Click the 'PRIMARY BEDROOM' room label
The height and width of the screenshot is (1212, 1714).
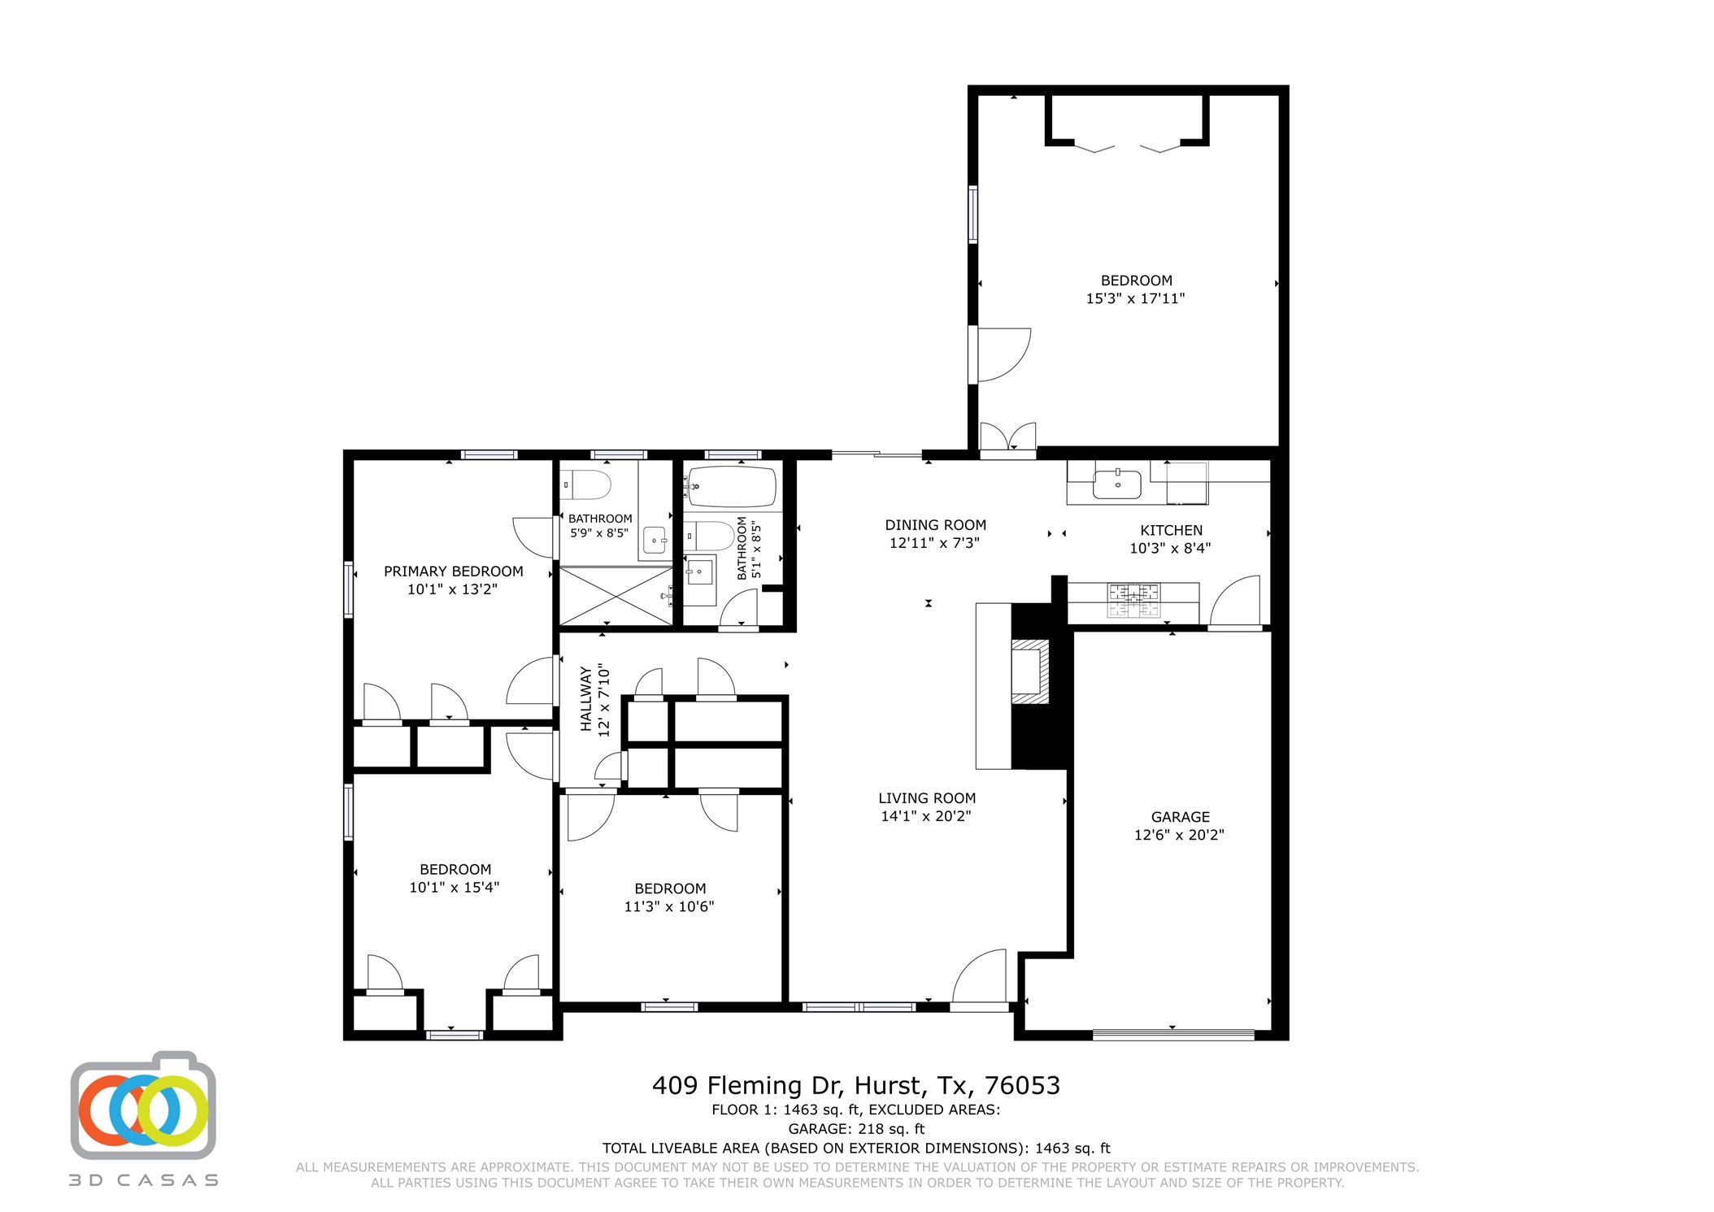[453, 571]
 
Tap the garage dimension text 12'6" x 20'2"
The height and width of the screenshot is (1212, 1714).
[1179, 835]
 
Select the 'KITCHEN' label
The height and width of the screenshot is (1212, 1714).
[1171, 530]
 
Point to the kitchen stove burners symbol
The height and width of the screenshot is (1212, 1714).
[1133, 601]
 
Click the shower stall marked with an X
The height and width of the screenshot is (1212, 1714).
[616, 596]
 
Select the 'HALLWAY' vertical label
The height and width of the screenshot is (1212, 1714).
[585, 699]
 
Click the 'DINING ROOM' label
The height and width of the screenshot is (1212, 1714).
[935, 525]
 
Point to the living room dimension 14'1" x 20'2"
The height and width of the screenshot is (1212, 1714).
[926, 816]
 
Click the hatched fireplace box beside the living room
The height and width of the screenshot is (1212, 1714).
[1029, 671]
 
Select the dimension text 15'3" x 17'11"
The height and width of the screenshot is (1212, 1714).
[1135, 298]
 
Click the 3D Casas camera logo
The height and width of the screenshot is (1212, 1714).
[144, 1107]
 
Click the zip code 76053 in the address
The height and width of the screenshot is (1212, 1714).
[1022, 1086]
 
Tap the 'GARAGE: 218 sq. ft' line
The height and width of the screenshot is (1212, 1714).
[856, 1129]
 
